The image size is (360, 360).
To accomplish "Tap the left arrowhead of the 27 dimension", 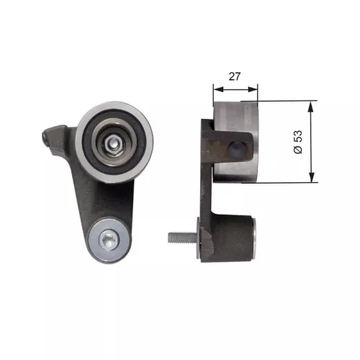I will click(217, 89).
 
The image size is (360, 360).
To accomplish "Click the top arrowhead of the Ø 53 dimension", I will click(310, 105).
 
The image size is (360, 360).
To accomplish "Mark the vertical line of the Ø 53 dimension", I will click(310, 142).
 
